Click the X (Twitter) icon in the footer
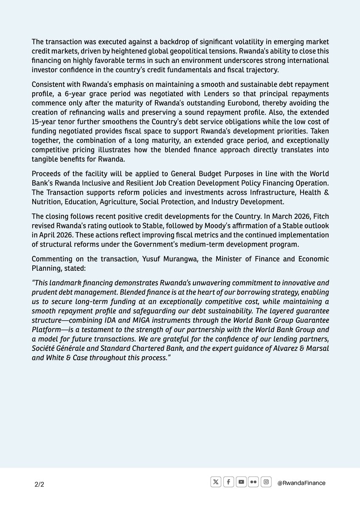tap(216, 482)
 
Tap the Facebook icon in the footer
tap(228, 482)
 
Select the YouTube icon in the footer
tap(241, 482)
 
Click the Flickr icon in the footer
tap(253, 482)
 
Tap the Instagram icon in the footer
tap(266, 482)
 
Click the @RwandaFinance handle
tap(301, 483)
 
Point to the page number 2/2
tap(39, 484)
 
